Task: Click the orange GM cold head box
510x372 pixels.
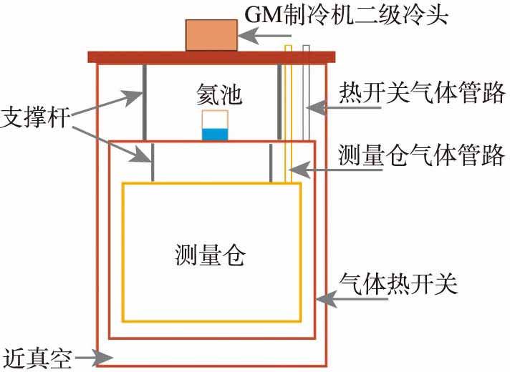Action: (211, 34)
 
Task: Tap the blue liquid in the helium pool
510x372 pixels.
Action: (214, 134)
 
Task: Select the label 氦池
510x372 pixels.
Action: (214, 94)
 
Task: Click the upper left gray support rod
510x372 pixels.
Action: (144, 100)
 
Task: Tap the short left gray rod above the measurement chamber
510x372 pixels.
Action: (153, 163)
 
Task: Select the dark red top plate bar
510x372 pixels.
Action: (211, 57)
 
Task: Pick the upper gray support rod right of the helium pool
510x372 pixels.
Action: (279, 100)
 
